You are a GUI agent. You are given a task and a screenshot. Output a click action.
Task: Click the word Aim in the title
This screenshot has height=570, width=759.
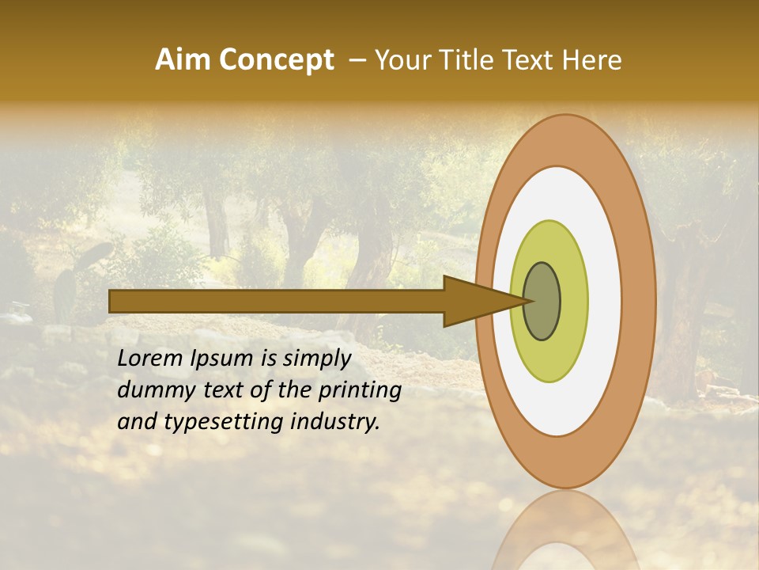click(x=182, y=60)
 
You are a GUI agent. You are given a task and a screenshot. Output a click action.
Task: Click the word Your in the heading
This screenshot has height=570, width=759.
click(x=401, y=60)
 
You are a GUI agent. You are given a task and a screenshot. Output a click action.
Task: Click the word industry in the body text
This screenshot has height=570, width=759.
click(x=331, y=423)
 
